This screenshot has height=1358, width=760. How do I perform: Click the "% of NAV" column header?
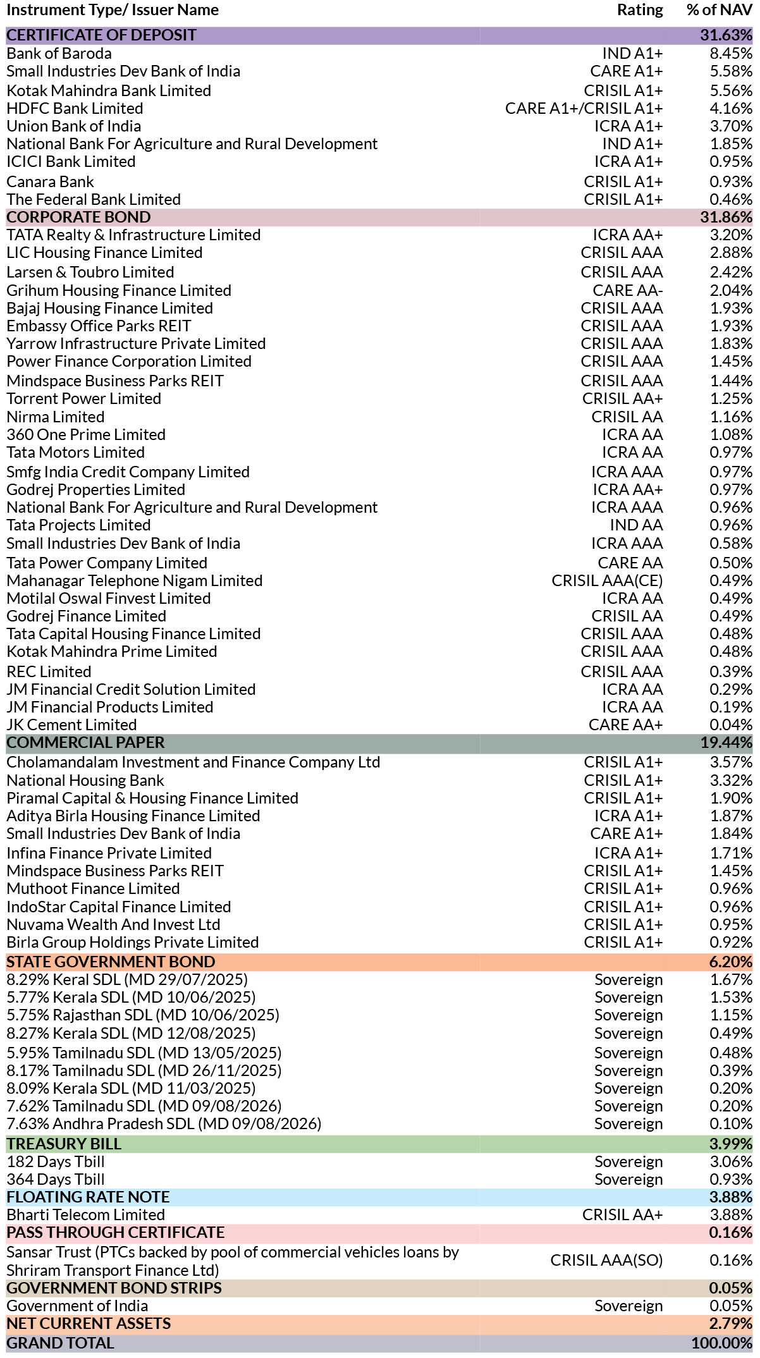[x=720, y=10]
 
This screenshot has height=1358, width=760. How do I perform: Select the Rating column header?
[x=640, y=10]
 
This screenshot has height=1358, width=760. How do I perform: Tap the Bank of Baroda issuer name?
[x=59, y=53]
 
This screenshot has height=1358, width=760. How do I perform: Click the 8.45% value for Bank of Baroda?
[x=731, y=53]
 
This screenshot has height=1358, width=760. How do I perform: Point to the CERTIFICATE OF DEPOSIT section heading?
[x=101, y=35]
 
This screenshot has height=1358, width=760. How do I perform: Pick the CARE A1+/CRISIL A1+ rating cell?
[x=584, y=108]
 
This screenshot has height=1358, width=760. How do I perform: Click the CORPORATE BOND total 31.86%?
[x=726, y=217]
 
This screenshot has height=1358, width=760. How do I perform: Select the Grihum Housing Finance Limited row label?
[x=119, y=290]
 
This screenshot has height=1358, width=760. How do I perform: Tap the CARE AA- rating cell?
[x=628, y=290]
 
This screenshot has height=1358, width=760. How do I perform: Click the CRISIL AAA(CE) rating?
[x=608, y=580]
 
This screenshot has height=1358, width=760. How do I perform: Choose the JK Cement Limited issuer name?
[x=71, y=725]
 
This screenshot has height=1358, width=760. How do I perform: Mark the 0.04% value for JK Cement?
[x=731, y=725]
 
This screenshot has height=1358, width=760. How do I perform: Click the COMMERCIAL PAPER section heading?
[x=85, y=742]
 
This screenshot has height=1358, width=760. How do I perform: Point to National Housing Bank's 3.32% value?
[x=731, y=780]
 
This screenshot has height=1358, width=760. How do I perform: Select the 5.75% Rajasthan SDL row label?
[x=143, y=1015]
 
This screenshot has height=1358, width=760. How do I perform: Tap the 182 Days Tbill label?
[x=56, y=1161]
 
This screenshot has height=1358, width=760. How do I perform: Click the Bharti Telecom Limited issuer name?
[x=86, y=1214]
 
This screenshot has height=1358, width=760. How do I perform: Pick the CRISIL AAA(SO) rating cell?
[x=607, y=1260]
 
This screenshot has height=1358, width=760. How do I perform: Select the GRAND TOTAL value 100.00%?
[x=722, y=1343]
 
